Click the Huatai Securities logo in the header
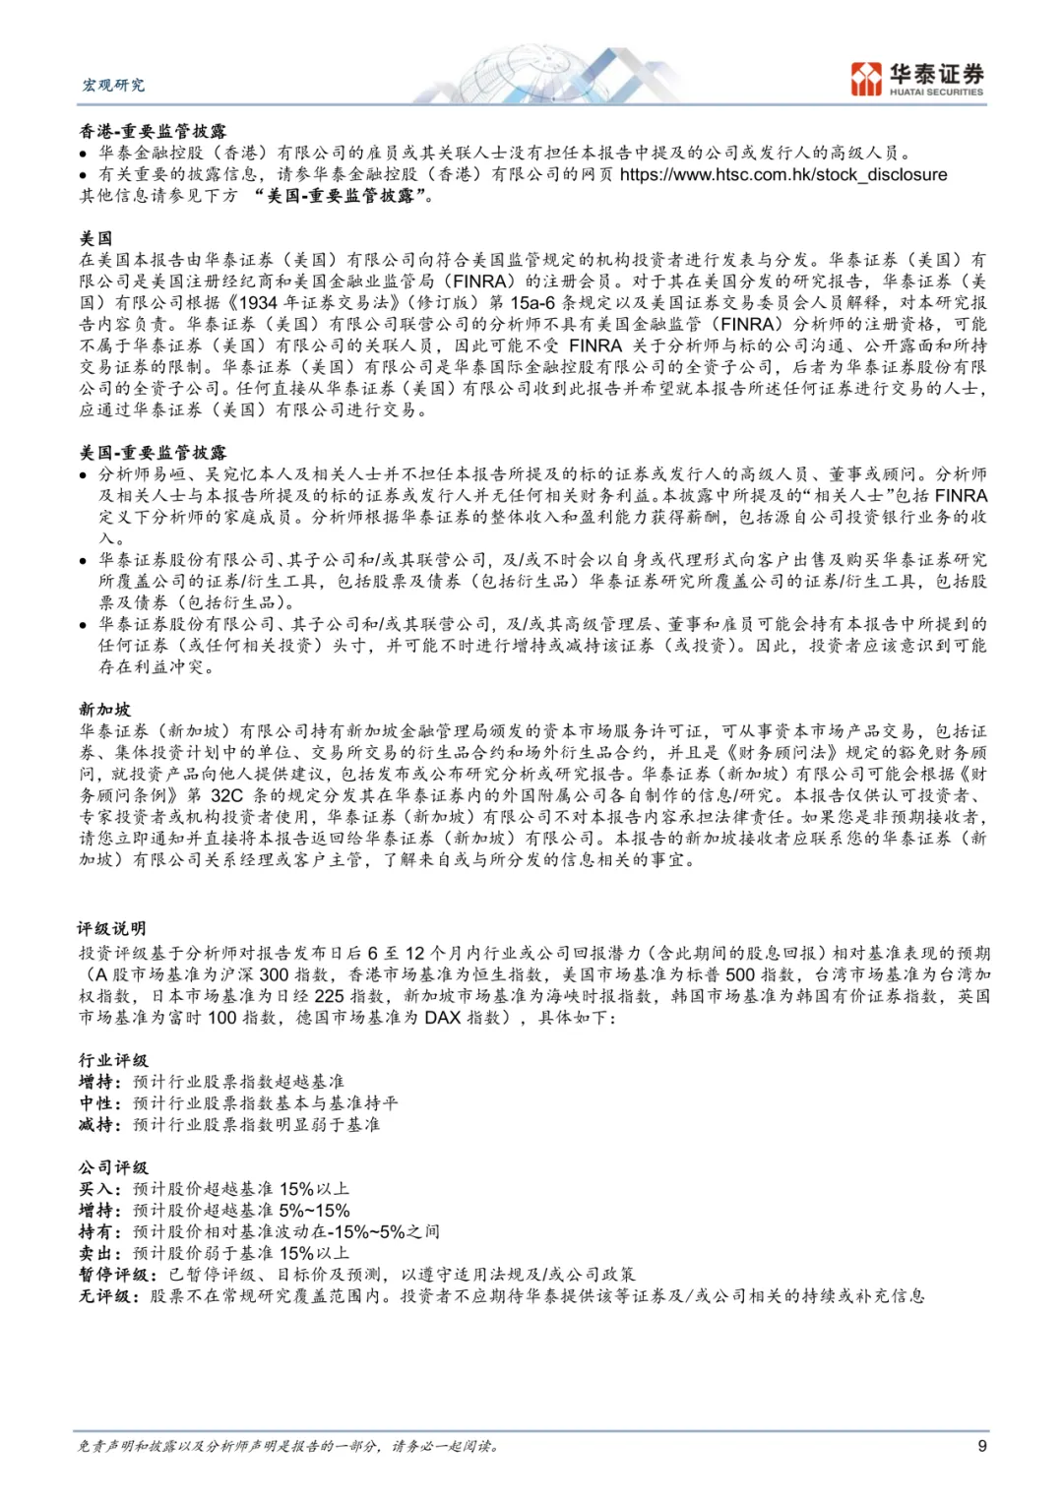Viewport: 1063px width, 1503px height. pos(916,79)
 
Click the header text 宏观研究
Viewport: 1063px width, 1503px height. pos(113,85)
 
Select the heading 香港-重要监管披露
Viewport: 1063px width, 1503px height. pos(153,131)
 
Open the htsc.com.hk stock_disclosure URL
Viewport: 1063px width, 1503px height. pos(783,174)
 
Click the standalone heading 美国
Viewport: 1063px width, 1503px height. pos(96,238)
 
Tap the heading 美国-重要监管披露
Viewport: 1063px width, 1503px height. pos(153,453)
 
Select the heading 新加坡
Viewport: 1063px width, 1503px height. pos(105,710)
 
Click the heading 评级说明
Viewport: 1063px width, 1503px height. pos(112,928)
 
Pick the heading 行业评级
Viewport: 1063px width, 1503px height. pos(113,1060)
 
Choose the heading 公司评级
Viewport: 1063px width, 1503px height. pos(113,1167)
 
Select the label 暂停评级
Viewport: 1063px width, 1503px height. pos(113,1275)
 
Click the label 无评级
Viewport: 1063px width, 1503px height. pos(105,1296)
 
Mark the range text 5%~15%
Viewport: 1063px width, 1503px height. pos(315,1211)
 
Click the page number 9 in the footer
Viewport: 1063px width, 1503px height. pos(981,1446)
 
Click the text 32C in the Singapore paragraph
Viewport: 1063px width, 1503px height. pos(226,795)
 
